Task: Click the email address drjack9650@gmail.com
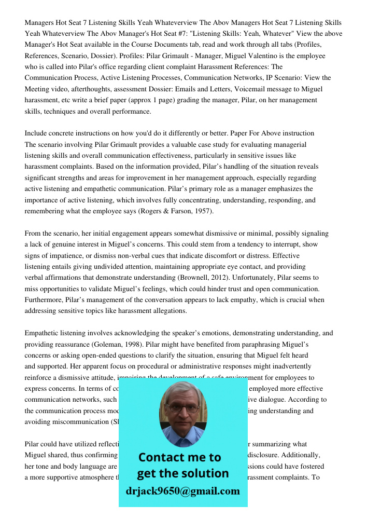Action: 183,491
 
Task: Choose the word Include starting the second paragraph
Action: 37,133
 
